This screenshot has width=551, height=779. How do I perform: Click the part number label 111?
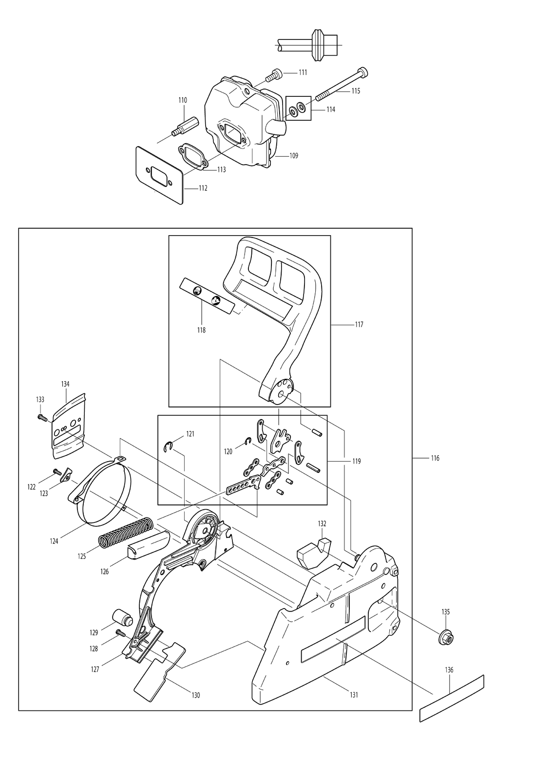(303, 73)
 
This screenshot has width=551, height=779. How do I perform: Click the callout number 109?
(294, 155)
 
